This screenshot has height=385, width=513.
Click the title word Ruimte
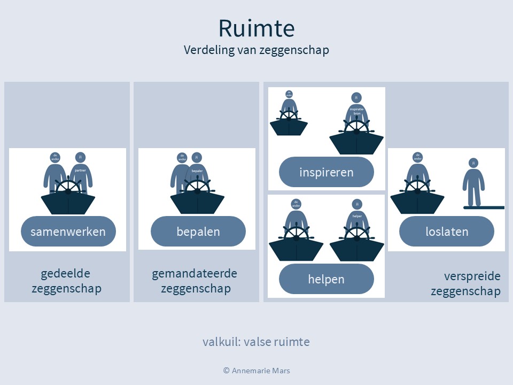(x=256, y=28)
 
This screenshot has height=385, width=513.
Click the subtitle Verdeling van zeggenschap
(x=256, y=50)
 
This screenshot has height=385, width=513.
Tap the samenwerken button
(x=68, y=232)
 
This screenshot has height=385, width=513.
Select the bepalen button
(x=198, y=232)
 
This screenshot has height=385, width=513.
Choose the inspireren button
(x=326, y=172)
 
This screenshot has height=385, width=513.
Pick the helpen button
(x=326, y=279)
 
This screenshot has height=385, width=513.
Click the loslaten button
(x=447, y=232)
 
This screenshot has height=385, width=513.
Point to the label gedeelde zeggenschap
(x=66, y=281)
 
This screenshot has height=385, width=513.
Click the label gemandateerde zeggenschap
(x=195, y=281)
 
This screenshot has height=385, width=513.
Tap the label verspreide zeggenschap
(x=465, y=283)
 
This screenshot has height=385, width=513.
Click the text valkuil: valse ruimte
(x=256, y=342)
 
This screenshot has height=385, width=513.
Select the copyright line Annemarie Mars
(x=256, y=370)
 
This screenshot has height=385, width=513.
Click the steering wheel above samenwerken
(x=68, y=189)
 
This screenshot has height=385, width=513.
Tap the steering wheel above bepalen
(x=197, y=189)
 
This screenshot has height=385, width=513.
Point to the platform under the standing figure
(x=484, y=207)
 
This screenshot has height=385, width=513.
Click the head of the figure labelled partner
(x=81, y=157)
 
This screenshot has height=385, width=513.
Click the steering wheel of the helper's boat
(x=356, y=234)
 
